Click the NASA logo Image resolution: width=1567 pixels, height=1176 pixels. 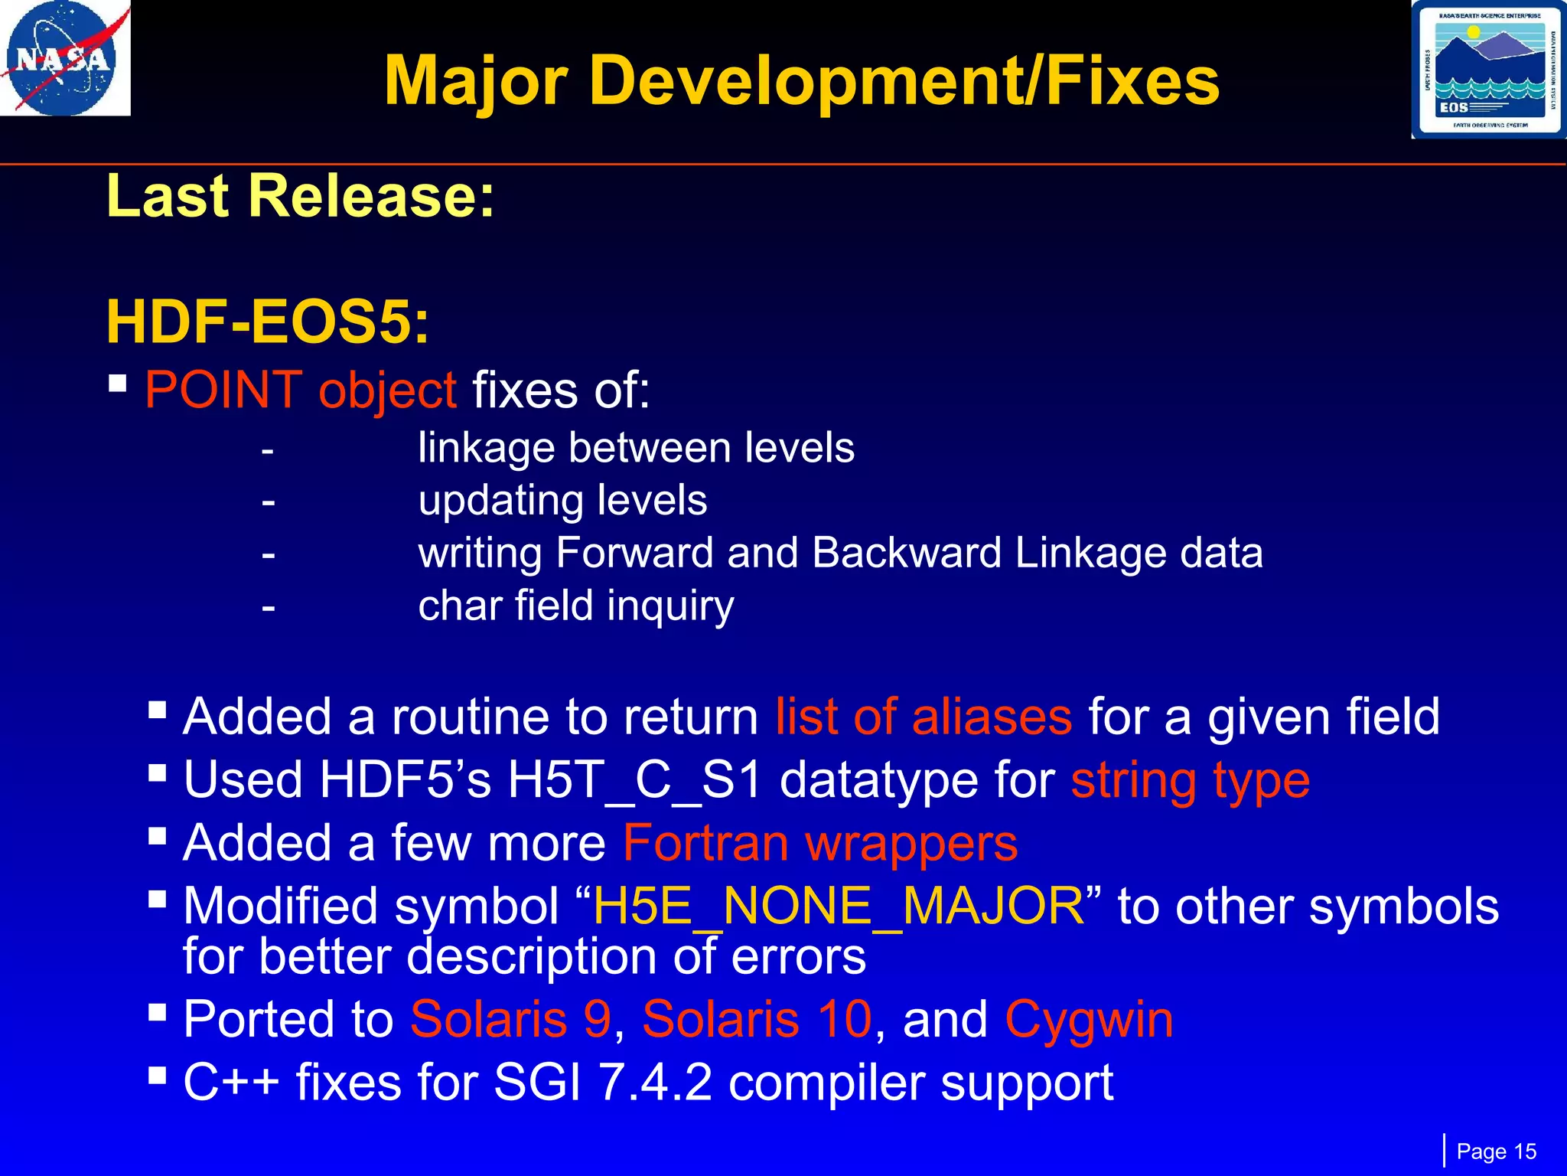click(64, 58)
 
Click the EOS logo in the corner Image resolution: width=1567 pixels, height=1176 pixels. click(1488, 70)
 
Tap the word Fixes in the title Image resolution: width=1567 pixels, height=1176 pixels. click(1132, 81)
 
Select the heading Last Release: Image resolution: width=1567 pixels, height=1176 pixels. click(301, 196)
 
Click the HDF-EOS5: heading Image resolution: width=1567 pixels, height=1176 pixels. click(267, 322)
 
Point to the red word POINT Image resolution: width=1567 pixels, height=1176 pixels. click(223, 390)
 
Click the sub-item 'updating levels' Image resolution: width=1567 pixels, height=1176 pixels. click(562, 501)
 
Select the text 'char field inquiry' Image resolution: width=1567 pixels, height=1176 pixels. click(575, 606)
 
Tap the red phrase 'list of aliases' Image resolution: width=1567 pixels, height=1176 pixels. click(924, 717)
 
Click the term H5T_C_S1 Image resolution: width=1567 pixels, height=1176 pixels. click(634, 781)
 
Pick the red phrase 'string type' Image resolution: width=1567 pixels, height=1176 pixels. click(1190, 781)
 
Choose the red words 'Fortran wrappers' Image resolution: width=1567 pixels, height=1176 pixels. click(820, 844)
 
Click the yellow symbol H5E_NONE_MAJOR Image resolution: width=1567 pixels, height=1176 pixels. click(839, 906)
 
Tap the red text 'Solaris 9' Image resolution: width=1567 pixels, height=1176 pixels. click(510, 1020)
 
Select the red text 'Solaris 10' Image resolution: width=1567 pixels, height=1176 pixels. click(757, 1020)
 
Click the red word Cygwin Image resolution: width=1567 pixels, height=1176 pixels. click(1089, 1020)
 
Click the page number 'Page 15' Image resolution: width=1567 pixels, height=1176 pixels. click(1496, 1151)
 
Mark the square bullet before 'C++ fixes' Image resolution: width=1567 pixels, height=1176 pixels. click(158, 1076)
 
